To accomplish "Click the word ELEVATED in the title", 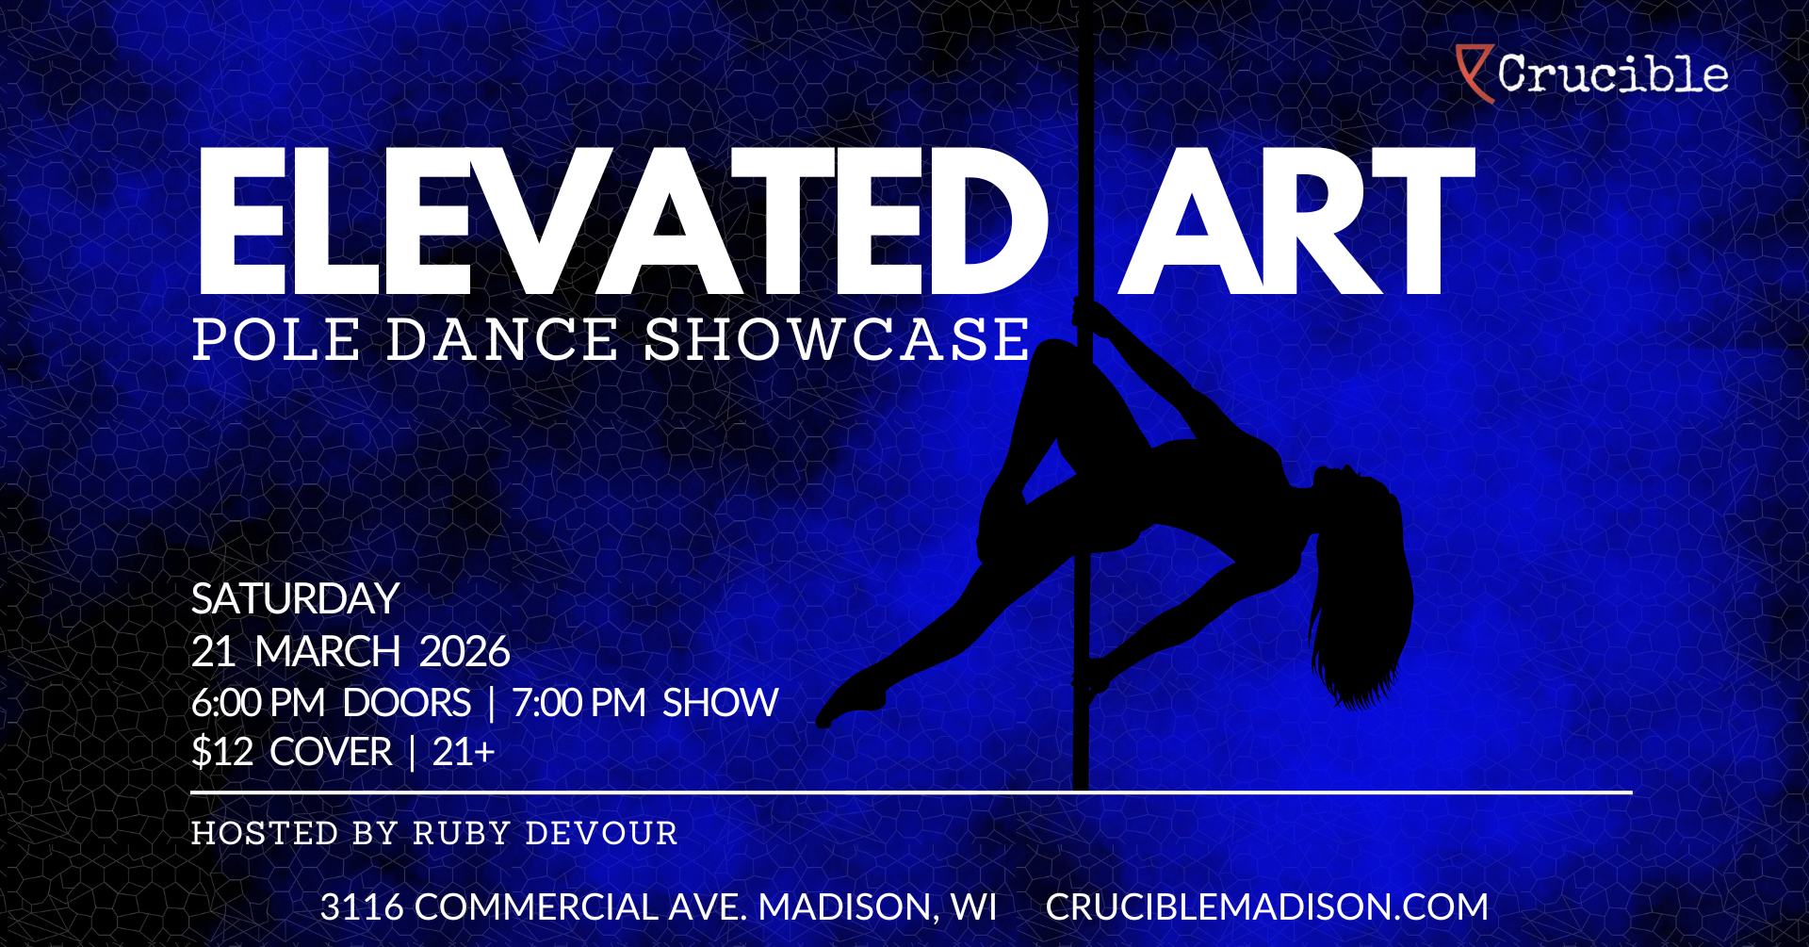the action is pyautogui.click(x=622, y=222).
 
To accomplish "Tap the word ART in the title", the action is pyautogui.click(x=1296, y=222).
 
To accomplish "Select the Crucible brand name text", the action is pyautogui.click(x=1613, y=73).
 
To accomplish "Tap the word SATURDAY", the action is pyautogui.click(x=296, y=599).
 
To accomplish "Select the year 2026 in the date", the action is pyautogui.click(x=464, y=652).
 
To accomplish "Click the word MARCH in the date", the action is pyautogui.click(x=328, y=652).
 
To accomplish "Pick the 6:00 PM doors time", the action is pyautogui.click(x=258, y=703).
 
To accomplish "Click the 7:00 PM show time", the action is pyautogui.click(x=579, y=703).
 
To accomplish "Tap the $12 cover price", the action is pyautogui.click(x=222, y=752).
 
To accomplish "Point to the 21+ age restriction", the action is pyautogui.click(x=464, y=752).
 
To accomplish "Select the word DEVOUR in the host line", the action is pyautogui.click(x=601, y=834).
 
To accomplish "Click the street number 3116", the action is pyautogui.click(x=362, y=907).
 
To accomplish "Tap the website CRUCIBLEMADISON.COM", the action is pyautogui.click(x=1267, y=907).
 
